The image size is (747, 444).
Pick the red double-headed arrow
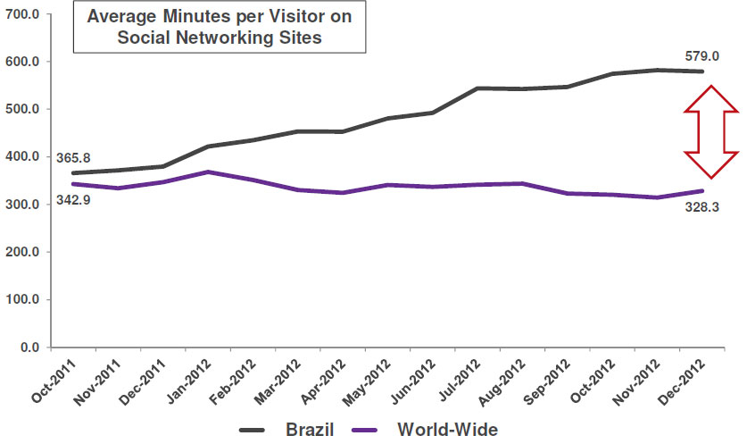coord(710,131)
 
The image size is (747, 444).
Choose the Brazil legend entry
coord(286,429)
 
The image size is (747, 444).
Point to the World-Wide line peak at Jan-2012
coord(207,172)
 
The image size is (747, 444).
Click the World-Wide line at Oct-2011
coord(73,184)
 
